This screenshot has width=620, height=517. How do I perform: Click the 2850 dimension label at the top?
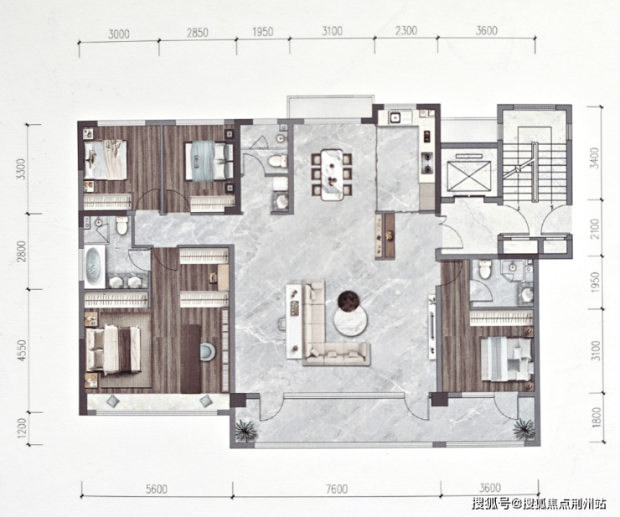click(197, 32)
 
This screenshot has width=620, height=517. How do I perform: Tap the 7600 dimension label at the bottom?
click(338, 489)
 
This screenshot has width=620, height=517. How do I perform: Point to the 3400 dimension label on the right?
click(595, 158)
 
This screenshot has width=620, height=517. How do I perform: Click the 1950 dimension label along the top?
click(262, 32)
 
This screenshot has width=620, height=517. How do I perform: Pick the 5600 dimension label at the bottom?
click(157, 489)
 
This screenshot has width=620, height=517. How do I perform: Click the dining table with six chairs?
click(331, 174)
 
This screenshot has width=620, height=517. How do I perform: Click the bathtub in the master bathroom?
click(95, 266)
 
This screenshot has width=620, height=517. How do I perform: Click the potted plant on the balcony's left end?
click(246, 429)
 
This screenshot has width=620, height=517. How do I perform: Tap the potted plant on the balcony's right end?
click(524, 428)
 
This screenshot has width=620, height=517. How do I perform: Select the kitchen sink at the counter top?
click(395, 117)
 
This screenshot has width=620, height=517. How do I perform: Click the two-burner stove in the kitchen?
click(427, 163)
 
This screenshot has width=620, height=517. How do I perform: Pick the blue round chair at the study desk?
click(208, 352)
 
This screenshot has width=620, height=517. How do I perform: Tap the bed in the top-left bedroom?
click(106, 160)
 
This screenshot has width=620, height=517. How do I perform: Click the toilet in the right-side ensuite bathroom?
click(483, 269)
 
